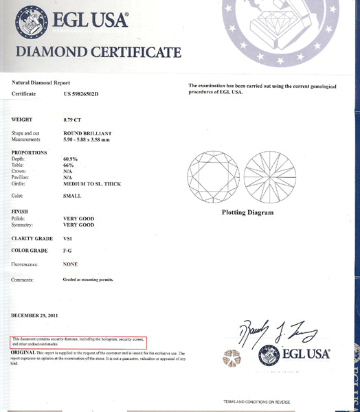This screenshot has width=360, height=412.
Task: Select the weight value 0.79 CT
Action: [71, 119]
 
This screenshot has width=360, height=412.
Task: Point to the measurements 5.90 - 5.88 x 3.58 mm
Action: [93, 139]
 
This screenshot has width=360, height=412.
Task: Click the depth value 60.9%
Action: [71, 159]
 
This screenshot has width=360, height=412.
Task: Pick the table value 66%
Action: [68, 165]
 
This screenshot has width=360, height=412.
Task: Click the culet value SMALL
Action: [71, 197]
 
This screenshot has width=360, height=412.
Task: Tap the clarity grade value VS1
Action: [67, 238]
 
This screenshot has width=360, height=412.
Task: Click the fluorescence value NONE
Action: [70, 264]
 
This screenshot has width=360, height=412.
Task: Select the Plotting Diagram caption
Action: [247, 213]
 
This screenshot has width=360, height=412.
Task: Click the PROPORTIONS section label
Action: [30, 152]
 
